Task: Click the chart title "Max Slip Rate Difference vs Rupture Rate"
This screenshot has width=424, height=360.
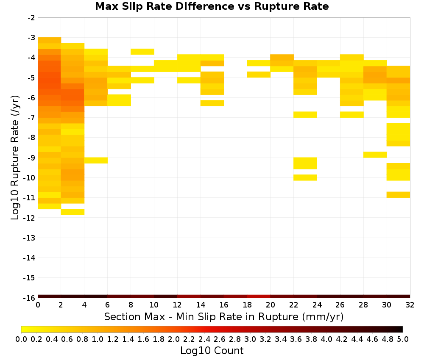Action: tap(212, 6)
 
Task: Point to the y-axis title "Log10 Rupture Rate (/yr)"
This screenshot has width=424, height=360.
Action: tap(15, 158)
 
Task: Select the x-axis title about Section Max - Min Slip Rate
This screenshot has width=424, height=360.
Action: tap(223, 316)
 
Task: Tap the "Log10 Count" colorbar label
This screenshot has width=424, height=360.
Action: tap(212, 351)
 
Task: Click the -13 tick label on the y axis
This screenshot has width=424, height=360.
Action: tap(29, 238)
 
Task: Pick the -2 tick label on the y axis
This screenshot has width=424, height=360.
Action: tap(31, 18)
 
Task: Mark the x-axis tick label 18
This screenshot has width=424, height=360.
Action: tap(247, 305)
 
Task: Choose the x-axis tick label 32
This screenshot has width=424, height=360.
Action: tap(410, 305)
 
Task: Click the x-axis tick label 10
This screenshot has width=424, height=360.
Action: tap(154, 305)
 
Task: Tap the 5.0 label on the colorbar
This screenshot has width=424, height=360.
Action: tap(403, 339)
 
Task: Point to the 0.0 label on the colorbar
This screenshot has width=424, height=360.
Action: tap(21, 339)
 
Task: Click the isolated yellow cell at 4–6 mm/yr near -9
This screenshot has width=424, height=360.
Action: tap(96, 160)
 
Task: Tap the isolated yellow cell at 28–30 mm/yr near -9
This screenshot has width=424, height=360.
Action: tap(375, 155)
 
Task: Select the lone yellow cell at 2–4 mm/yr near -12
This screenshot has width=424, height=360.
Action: tap(73, 212)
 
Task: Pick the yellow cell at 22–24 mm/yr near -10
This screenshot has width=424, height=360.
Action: tap(305, 177)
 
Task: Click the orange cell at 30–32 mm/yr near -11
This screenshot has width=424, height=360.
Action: tap(398, 194)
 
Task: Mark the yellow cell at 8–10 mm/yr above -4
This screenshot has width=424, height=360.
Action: tap(142, 52)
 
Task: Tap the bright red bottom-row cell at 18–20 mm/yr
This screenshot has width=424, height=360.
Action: tap(259, 296)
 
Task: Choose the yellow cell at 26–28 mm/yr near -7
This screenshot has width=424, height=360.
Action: tap(352, 114)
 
